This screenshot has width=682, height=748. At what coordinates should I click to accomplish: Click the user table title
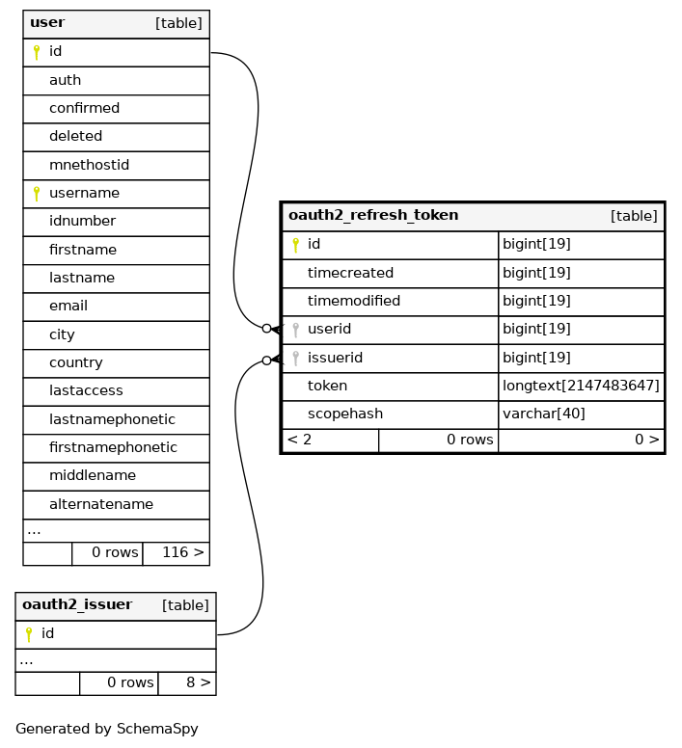tap(47, 22)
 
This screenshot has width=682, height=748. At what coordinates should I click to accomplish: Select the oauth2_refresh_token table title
tap(373, 215)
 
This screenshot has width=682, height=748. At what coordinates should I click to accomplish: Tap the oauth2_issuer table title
tap(77, 604)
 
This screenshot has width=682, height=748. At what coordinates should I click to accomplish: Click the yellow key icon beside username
tap(37, 194)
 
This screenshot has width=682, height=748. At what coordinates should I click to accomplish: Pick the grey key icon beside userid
tap(296, 330)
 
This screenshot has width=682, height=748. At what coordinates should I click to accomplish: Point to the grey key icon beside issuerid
tap(296, 359)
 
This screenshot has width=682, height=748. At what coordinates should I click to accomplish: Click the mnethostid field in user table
tap(90, 165)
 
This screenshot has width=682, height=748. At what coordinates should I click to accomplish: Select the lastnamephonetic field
tap(112, 419)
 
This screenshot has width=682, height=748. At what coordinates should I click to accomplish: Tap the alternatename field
tap(101, 504)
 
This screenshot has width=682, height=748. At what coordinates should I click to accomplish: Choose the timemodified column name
tap(354, 301)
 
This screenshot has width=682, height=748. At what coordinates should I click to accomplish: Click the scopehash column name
tap(345, 414)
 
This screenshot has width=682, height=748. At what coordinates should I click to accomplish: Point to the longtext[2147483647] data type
tap(581, 386)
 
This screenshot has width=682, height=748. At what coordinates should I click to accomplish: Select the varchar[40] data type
tap(544, 414)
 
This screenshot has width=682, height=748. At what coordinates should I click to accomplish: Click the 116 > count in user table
tap(183, 552)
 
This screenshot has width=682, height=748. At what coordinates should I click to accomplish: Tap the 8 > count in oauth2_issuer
tap(199, 682)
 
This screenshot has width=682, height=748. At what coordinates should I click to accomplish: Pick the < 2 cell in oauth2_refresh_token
tap(300, 440)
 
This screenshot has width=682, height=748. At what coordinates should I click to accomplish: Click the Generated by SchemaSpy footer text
tap(107, 729)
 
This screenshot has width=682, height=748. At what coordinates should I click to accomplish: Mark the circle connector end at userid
tap(267, 328)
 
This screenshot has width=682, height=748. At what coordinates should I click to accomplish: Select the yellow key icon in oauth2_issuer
tap(29, 634)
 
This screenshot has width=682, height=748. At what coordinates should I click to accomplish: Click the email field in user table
tap(68, 306)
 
